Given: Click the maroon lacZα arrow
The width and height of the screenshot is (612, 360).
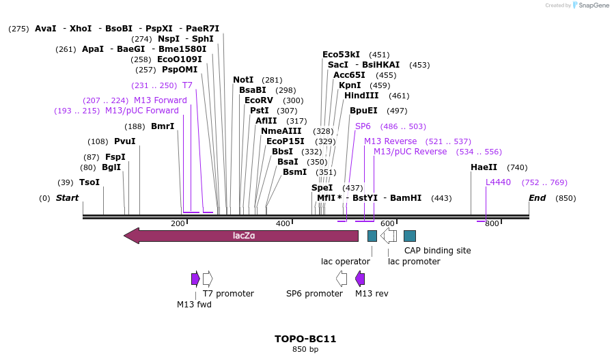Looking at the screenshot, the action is click(241, 236).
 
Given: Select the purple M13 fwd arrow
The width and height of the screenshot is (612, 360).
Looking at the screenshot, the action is click(195, 279).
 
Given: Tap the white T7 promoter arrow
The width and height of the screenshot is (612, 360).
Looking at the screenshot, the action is click(208, 279).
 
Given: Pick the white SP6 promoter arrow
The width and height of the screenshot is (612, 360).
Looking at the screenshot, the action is click(342, 279).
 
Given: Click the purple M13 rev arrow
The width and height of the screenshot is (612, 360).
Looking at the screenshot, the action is click(360, 279).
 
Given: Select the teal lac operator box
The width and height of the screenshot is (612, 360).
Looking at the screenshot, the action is click(372, 236).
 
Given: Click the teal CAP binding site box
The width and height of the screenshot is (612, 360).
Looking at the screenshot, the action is click(410, 236).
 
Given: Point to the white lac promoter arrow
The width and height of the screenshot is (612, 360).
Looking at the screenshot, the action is click(389, 236).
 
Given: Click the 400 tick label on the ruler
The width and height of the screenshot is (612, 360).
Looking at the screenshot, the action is click(283, 224).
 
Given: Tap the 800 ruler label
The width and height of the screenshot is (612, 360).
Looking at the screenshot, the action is click(492, 224).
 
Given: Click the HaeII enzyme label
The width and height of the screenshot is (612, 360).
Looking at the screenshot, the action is click(484, 167).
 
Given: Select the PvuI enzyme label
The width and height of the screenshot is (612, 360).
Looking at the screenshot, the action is click(125, 141).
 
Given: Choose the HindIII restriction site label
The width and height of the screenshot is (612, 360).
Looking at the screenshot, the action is click(361, 96).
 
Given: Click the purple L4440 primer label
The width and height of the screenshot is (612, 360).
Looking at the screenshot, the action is click(498, 182).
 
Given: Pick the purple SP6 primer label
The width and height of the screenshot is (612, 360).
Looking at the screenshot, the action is click(363, 126).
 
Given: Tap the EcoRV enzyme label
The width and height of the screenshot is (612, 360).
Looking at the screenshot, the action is click(259, 100).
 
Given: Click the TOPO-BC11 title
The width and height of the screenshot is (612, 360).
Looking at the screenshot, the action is click(305, 339).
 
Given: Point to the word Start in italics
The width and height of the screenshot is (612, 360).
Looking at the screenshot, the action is click(67, 198).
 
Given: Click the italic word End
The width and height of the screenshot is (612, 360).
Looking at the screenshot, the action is click(538, 198).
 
